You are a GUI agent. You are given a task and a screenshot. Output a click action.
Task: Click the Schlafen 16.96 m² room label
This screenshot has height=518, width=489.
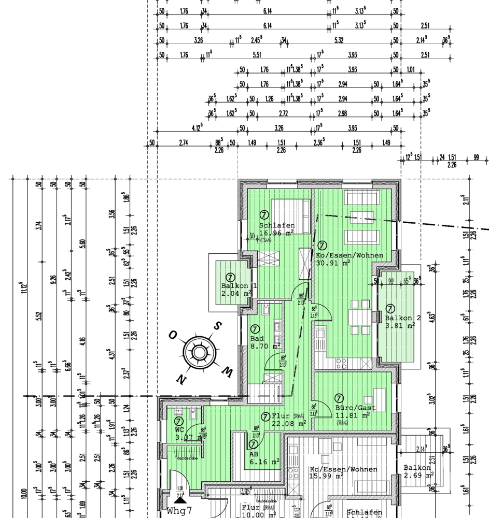pyautogui.click(x=277, y=229)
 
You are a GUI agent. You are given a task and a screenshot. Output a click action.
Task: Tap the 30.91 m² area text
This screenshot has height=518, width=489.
pyautogui.click(x=333, y=263)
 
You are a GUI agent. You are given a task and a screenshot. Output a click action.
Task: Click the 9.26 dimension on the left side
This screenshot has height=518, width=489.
pyautogui.click(x=53, y=280)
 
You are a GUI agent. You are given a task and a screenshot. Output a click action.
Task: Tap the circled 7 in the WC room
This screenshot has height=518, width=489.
pyautogui.click(x=178, y=422)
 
